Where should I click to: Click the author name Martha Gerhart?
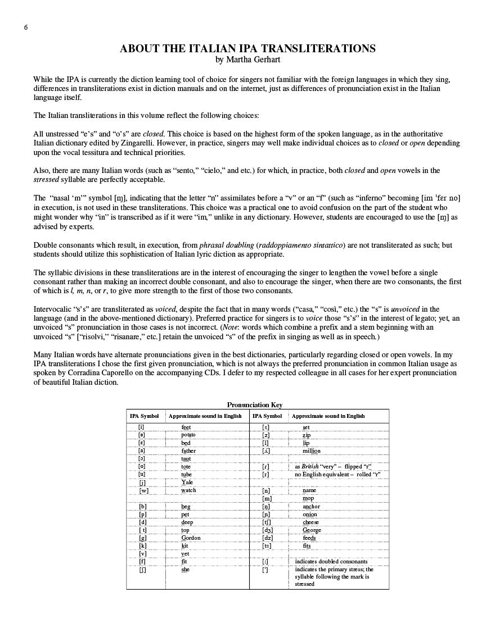[x=247, y=59]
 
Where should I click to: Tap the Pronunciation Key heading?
[x=254, y=405]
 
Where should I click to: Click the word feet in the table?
[x=186, y=427]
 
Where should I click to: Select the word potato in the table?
[x=188, y=435]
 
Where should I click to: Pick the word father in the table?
[x=188, y=451]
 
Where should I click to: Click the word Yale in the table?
[x=187, y=483]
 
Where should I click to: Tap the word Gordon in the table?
[x=191, y=538]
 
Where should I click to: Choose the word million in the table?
[x=311, y=451]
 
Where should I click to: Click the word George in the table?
[x=312, y=530]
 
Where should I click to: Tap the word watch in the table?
[x=188, y=490]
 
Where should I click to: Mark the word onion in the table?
[x=310, y=514]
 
